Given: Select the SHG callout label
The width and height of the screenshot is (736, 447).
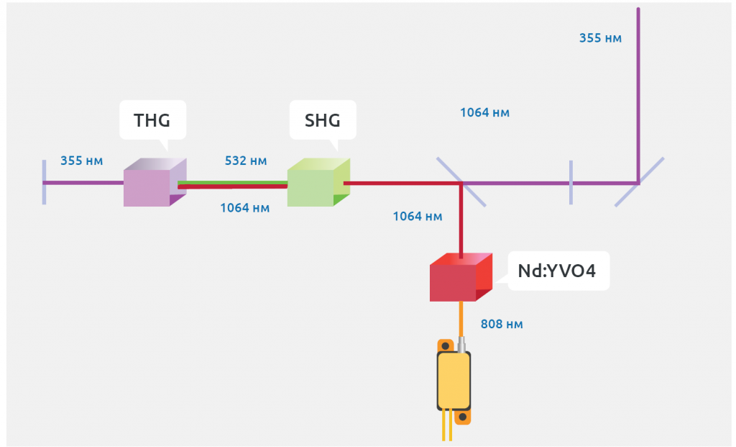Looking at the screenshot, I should (322, 120).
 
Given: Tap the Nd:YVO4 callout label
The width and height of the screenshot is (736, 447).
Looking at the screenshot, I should (557, 271).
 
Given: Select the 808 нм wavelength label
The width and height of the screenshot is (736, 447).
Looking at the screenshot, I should (502, 325).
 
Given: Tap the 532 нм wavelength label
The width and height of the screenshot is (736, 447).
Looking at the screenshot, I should (246, 161).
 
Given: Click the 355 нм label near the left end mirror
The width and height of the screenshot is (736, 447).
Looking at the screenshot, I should (81, 161).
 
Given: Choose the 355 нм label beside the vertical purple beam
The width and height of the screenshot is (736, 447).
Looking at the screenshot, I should (600, 38).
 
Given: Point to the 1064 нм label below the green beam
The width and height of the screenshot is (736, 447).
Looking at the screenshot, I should (244, 208).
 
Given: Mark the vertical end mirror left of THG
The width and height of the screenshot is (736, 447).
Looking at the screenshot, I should (44, 183).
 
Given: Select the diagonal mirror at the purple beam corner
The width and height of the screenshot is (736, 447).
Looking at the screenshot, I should (639, 182).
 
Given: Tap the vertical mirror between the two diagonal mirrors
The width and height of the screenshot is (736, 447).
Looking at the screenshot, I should (571, 182).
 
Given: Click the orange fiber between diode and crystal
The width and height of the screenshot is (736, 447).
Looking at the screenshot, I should (461, 317).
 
